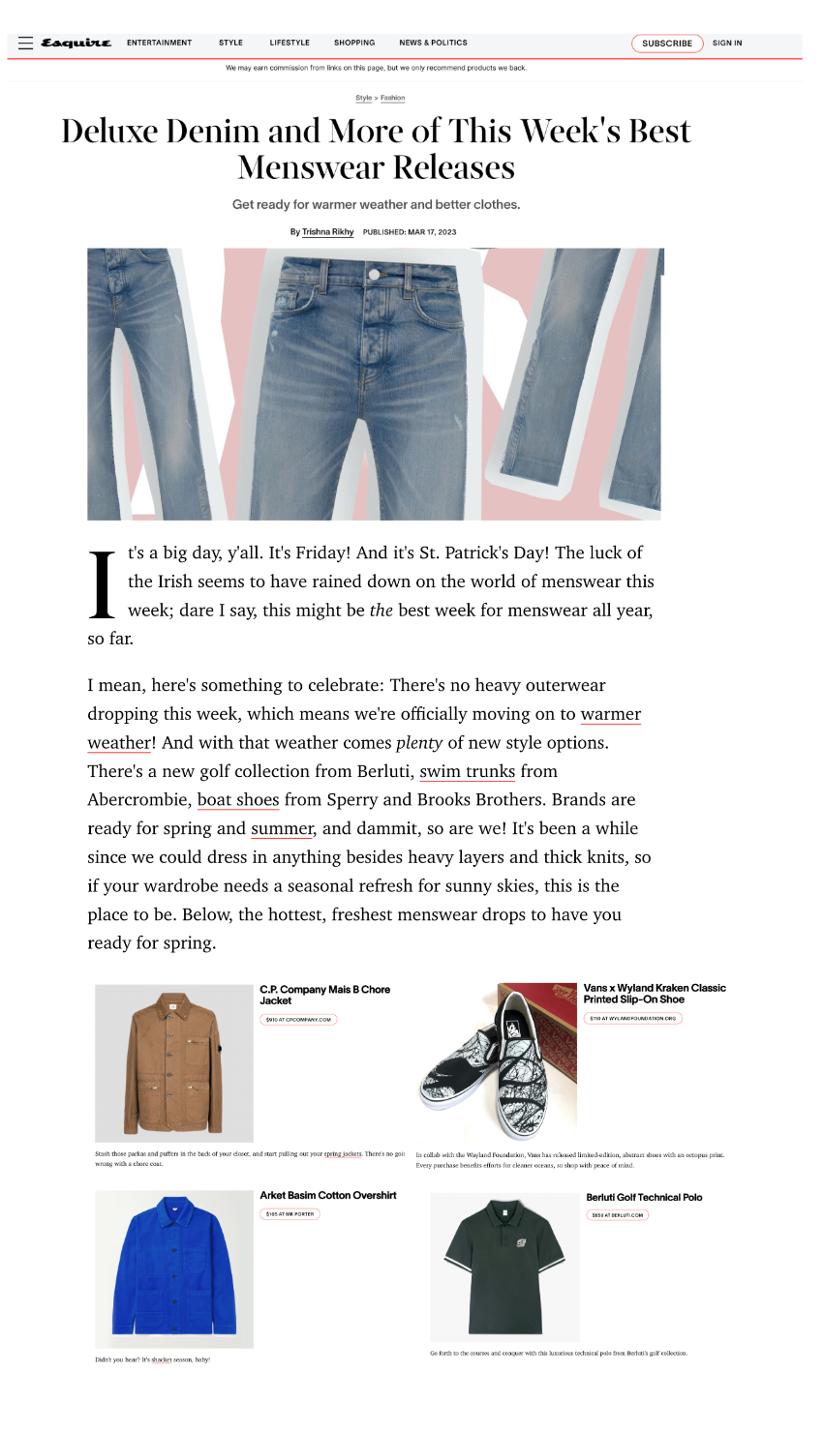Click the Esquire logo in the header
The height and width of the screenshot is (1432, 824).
76,43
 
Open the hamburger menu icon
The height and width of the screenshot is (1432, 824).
25,43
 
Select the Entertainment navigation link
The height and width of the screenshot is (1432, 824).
159,43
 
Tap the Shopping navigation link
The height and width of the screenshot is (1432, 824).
354,43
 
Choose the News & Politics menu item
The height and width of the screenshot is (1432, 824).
433,43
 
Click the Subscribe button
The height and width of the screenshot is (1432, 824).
667,44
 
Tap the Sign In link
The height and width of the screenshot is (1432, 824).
727,43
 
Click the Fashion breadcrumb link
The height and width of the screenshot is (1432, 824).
392,98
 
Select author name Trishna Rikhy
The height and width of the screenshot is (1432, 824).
328,232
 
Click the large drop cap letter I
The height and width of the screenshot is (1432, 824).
103,584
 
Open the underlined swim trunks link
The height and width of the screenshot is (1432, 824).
467,772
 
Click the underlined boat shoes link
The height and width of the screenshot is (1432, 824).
238,800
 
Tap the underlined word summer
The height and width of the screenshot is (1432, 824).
282,829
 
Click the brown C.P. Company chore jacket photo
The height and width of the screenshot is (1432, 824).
174,1063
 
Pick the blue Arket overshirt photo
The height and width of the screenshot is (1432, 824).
174,1268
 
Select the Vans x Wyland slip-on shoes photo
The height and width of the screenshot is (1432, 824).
498,1061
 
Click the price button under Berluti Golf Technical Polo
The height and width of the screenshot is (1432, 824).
617,1215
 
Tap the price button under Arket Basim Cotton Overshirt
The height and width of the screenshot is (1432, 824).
290,1214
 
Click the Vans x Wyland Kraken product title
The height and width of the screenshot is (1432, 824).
655,994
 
